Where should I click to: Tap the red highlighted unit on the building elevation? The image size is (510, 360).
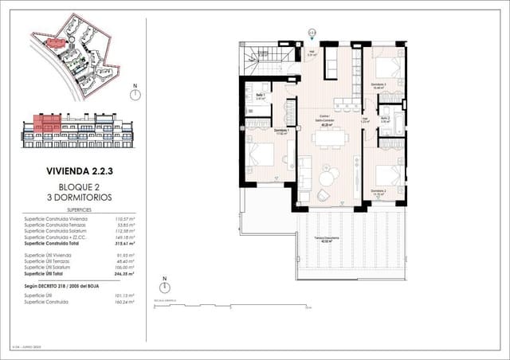(x=48, y=123)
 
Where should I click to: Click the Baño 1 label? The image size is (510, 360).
(x=260, y=96)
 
